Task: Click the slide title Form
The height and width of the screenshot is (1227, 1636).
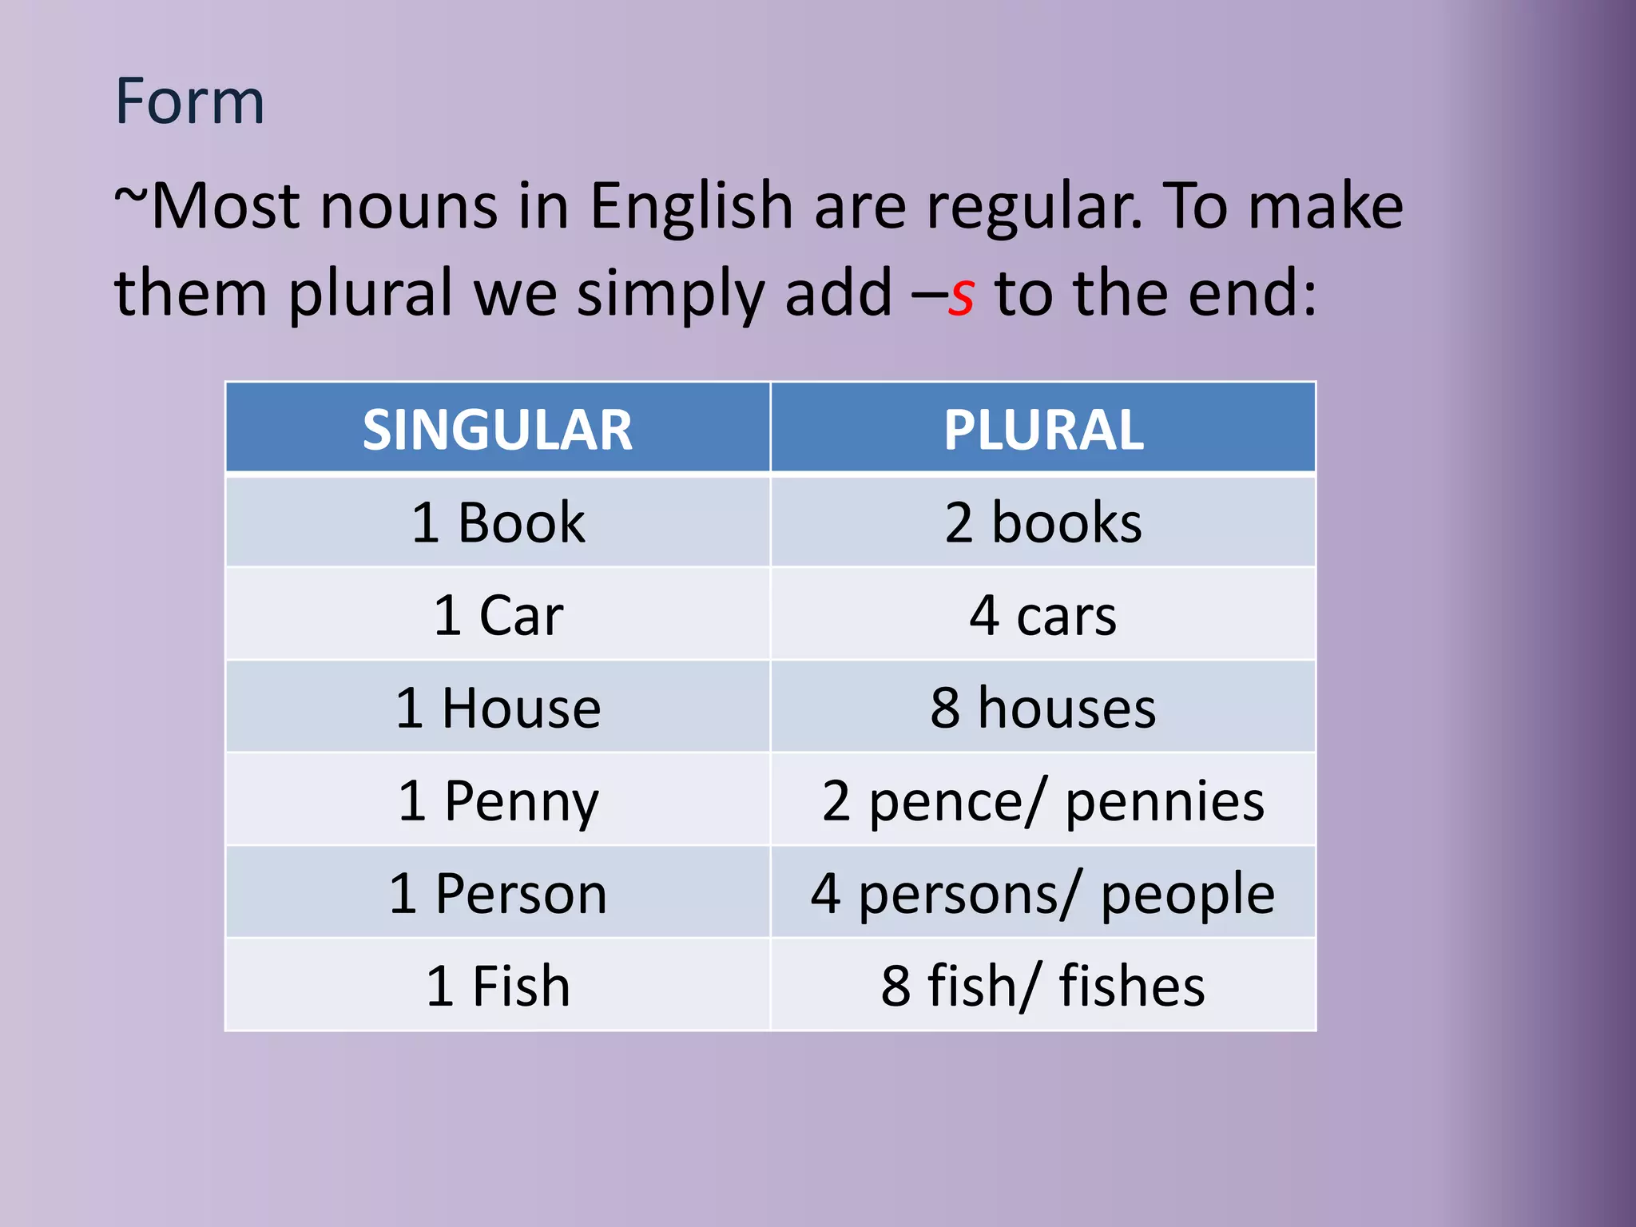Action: (189, 101)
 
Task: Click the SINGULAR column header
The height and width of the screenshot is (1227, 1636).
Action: (498, 429)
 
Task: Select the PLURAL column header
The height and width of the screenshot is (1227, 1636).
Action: (1043, 429)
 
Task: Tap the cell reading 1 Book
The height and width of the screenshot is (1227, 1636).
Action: (498, 522)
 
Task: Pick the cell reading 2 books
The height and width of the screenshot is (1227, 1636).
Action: (1043, 522)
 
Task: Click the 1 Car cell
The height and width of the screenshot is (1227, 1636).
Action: (498, 615)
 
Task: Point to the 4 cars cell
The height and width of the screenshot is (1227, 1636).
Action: (1043, 615)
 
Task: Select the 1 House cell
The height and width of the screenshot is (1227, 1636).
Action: (498, 708)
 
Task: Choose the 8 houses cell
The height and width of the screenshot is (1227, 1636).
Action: (1043, 708)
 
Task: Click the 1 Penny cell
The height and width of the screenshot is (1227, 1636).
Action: (498, 800)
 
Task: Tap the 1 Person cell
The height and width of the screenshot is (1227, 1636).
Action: (498, 893)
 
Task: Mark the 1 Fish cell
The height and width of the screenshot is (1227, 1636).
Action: (498, 986)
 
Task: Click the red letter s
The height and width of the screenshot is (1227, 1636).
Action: (961, 296)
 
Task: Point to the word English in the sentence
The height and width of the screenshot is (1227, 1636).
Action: (691, 206)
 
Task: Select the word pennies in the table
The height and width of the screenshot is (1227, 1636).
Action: (1165, 802)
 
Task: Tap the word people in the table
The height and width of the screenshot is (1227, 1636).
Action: (1187, 895)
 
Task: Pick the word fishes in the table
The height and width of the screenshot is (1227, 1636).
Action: (1132, 986)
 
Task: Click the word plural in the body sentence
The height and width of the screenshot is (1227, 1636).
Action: (371, 294)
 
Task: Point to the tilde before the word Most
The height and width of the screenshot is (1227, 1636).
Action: (130, 196)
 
